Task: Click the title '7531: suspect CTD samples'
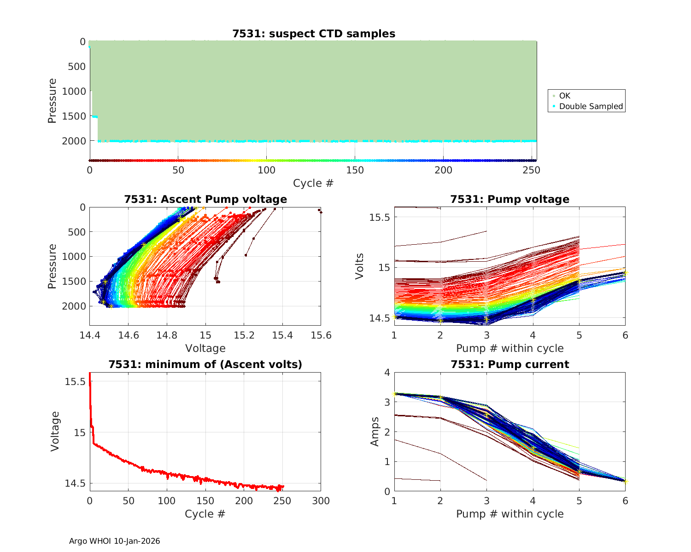click(314, 34)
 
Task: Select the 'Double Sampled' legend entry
click(591, 106)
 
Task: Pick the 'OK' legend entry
click(564, 96)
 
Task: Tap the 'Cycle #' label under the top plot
click(313, 183)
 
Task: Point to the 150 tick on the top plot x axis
click(355, 170)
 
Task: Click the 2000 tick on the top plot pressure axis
click(74, 141)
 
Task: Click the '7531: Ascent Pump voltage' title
click(205, 199)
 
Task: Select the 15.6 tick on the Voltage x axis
click(321, 335)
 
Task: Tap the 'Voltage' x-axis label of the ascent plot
click(205, 348)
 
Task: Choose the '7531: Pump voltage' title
click(510, 199)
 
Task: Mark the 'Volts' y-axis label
click(360, 266)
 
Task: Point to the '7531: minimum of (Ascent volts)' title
click(205, 364)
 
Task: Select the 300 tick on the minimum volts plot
click(321, 501)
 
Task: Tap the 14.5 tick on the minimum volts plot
click(76, 483)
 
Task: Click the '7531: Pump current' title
click(510, 364)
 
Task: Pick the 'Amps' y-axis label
click(375, 431)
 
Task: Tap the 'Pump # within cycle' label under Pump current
click(510, 514)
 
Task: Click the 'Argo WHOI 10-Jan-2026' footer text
click(115, 541)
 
